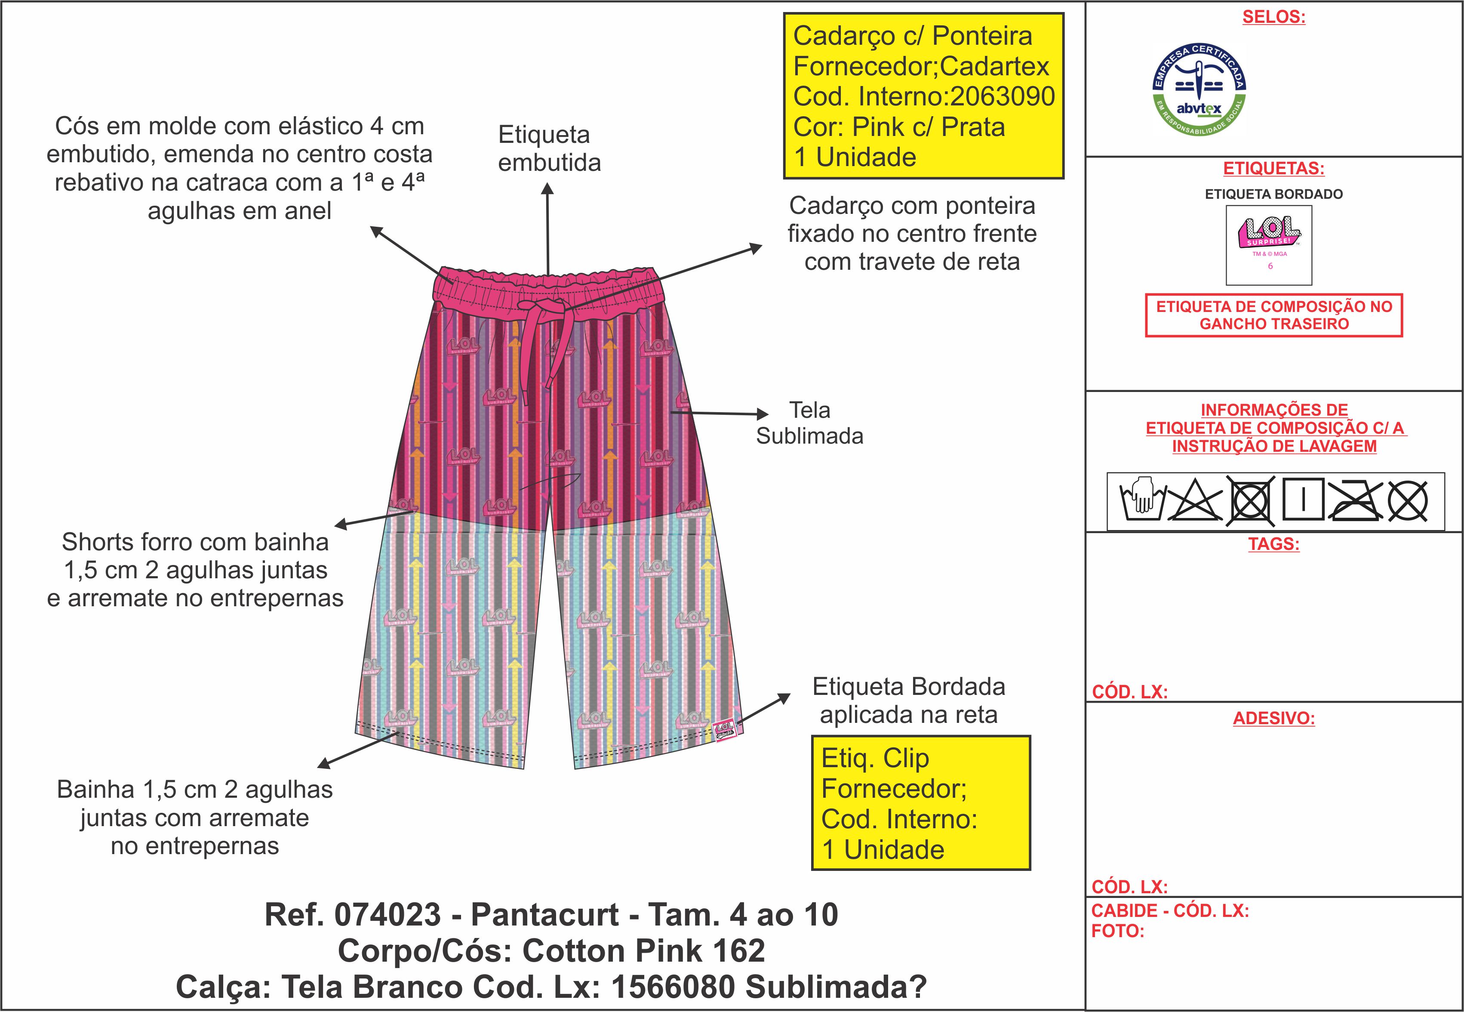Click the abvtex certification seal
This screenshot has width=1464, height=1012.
1199,91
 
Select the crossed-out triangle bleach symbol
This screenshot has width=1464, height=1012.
1195,501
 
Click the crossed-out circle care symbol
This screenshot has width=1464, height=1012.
1408,501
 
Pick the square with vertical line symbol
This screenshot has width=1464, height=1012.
1303,500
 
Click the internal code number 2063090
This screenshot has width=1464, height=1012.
1003,97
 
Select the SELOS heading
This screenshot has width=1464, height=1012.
1273,17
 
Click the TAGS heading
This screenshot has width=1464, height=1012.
1273,544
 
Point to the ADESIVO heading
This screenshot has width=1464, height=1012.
1273,719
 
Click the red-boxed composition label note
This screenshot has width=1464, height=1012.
1273,315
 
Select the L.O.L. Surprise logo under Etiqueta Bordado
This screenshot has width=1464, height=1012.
1269,233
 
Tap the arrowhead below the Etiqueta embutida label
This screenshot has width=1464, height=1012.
548,189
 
